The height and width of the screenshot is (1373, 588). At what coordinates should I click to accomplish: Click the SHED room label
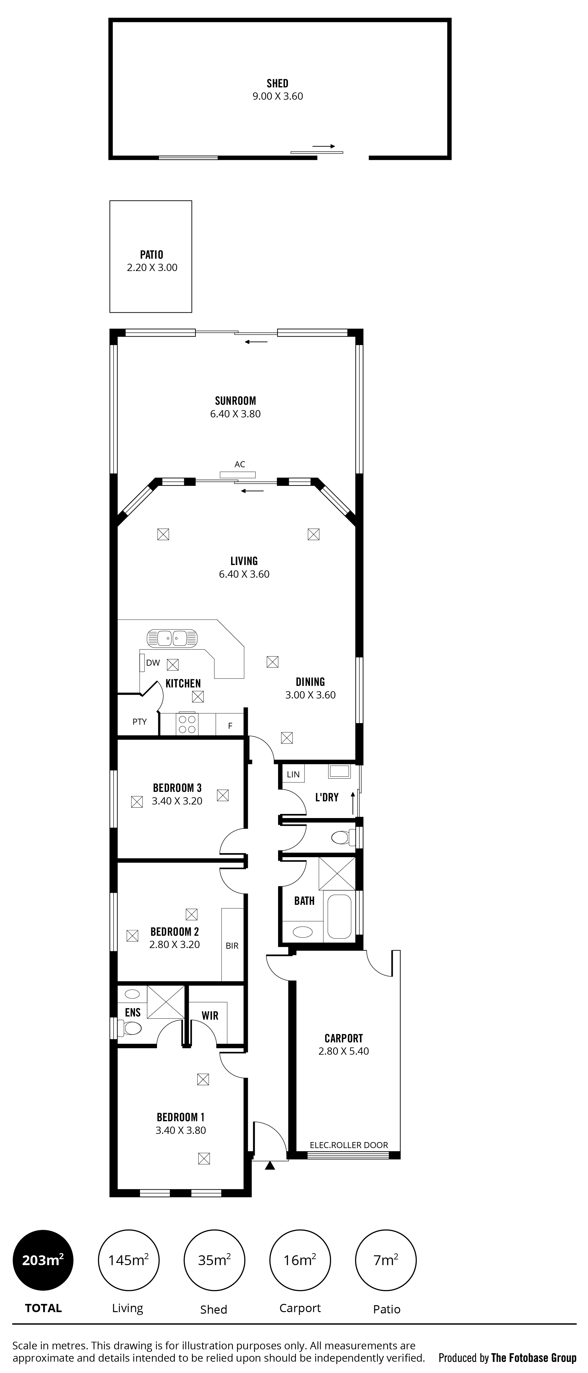(277, 83)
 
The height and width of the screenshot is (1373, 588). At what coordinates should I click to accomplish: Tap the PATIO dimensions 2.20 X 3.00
(152, 268)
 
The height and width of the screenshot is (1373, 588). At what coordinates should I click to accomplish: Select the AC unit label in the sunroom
(240, 464)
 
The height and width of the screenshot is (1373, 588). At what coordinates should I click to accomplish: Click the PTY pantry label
(140, 722)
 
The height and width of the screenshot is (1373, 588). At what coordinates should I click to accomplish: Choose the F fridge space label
(230, 726)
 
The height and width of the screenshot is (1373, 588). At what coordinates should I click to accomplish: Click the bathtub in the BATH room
(339, 916)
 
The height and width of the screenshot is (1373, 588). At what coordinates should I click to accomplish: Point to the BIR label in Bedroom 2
(232, 946)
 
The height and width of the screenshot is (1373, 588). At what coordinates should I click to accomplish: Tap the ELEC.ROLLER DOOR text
(349, 1145)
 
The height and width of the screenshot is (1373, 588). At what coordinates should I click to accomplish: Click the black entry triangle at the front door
(270, 1166)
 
